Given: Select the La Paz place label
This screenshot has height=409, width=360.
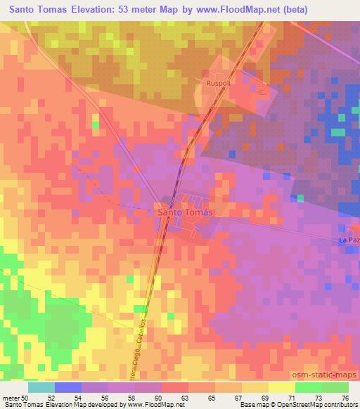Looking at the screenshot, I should coord(348,241).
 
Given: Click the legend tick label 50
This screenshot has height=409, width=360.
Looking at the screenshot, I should coord(26,398).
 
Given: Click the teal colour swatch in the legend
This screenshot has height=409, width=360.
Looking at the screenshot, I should coord(41,387).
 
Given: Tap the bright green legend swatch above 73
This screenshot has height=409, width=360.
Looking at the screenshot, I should coord(308,387).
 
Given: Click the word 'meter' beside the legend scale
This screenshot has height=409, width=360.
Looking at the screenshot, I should coord(11,398).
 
